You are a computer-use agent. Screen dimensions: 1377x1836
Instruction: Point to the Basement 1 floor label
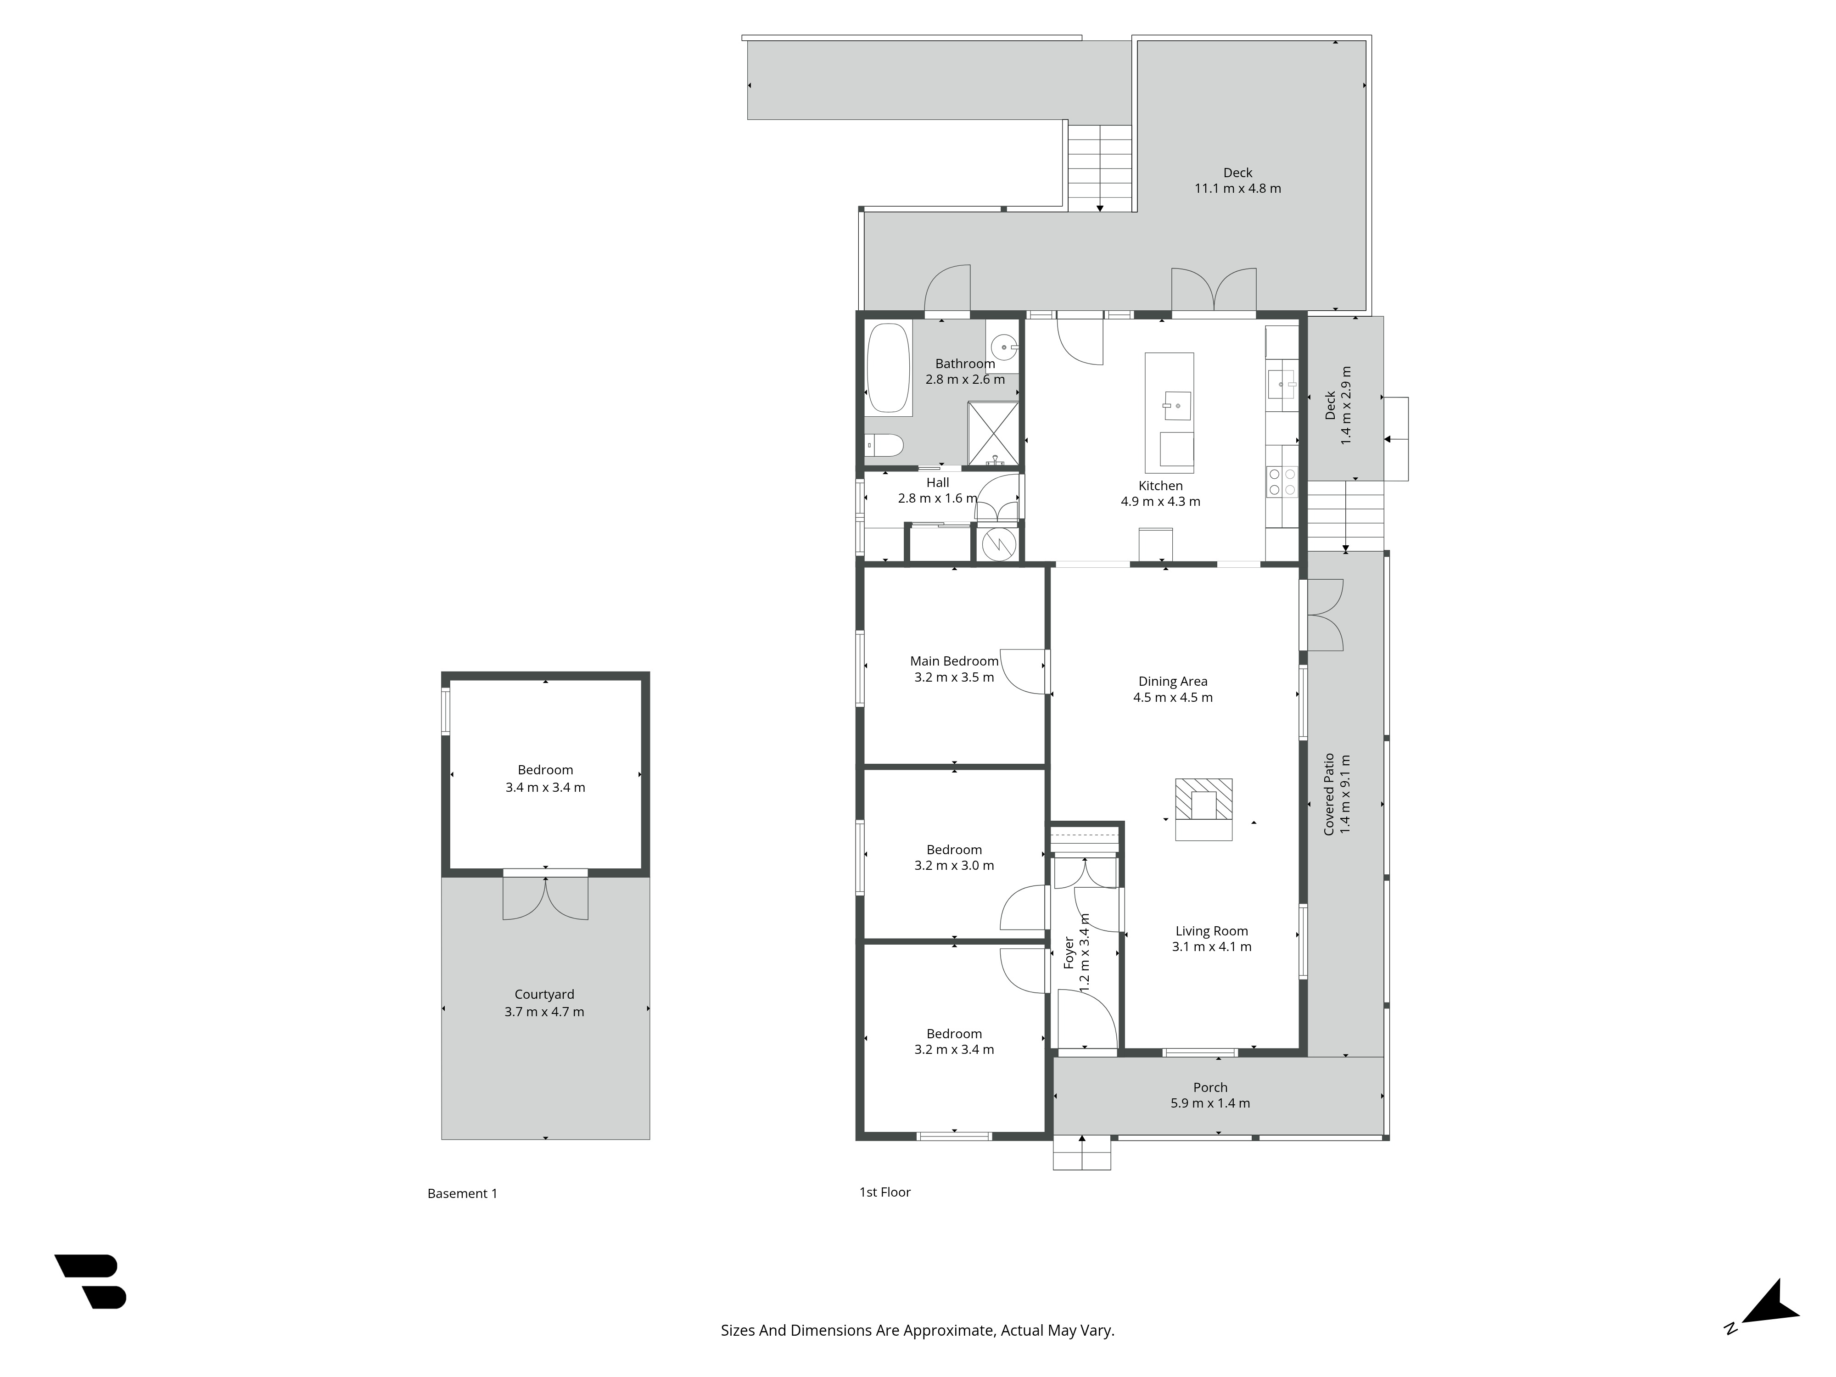tap(462, 1193)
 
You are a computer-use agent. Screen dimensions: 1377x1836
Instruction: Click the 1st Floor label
tap(885, 1192)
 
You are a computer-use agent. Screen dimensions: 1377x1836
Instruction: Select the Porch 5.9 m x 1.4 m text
tap(1209, 1103)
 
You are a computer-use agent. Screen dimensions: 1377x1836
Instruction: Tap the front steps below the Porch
tap(1081, 1153)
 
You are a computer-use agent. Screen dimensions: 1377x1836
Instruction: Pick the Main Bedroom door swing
tap(1023, 671)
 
